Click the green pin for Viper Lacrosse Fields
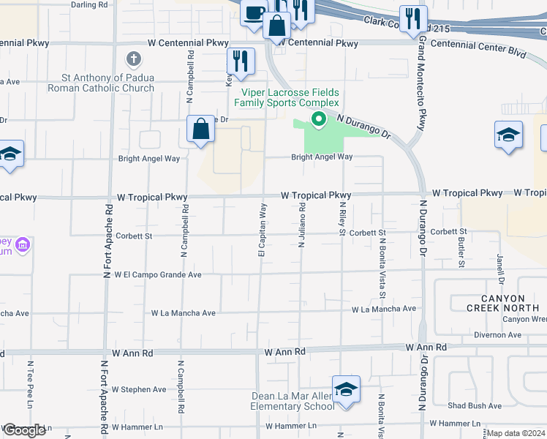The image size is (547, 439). (x=318, y=119)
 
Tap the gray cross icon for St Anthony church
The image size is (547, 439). (x=133, y=59)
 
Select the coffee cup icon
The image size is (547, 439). (x=253, y=14)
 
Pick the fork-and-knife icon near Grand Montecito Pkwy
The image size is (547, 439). (x=413, y=19)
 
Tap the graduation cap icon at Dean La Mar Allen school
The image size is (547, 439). (x=346, y=389)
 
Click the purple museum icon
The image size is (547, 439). (x=23, y=244)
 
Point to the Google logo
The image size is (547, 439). (x=24, y=430)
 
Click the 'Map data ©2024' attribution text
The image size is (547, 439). (x=516, y=433)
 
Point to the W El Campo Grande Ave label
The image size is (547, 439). (x=152, y=275)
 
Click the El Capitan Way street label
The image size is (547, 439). (x=261, y=230)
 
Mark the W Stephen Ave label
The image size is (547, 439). (x=140, y=389)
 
